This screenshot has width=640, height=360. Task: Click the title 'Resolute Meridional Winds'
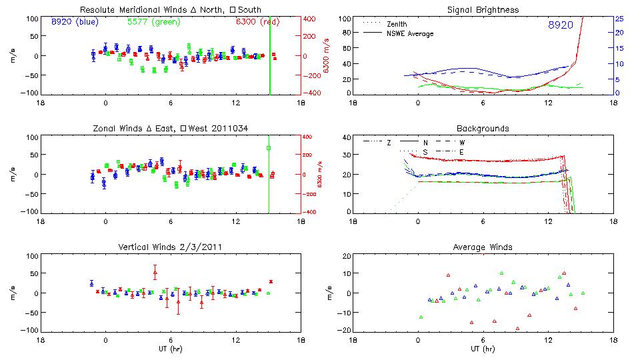click(x=127, y=10)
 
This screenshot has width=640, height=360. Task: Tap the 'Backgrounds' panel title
click(x=483, y=128)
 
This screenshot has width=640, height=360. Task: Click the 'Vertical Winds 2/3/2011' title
click(x=170, y=247)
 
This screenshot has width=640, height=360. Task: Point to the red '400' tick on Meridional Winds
click(x=311, y=19)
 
